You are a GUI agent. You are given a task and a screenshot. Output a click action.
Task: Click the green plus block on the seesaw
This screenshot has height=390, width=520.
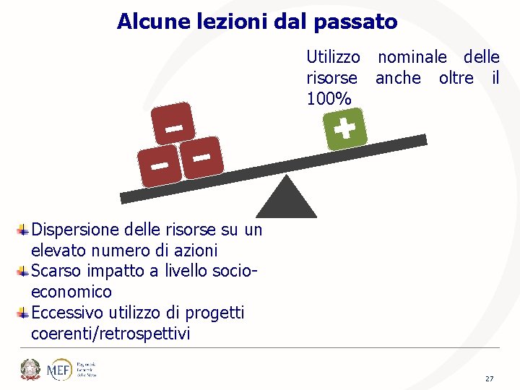[x=345, y=130]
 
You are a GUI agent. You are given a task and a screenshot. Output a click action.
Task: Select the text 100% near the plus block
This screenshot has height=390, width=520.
[x=329, y=98]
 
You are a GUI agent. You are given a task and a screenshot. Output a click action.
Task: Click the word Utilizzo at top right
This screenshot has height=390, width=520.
[x=333, y=57]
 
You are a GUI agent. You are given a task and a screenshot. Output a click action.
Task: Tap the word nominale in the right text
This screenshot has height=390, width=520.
[x=412, y=57]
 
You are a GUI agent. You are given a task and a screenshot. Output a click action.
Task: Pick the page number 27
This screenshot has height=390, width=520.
[x=490, y=378]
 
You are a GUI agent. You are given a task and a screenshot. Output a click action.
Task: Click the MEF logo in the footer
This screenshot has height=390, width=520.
[x=59, y=370]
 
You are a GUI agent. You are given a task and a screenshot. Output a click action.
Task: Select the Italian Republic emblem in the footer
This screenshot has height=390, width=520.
[x=30, y=370]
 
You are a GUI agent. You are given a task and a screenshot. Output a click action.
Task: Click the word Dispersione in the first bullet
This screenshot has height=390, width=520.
[x=71, y=230]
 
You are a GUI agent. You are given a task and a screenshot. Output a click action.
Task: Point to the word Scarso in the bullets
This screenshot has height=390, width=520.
[x=55, y=272]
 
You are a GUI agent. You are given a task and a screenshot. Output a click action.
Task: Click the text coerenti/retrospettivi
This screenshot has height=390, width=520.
[x=110, y=334]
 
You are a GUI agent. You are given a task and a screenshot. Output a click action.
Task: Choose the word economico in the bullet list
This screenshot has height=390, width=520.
[x=71, y=292]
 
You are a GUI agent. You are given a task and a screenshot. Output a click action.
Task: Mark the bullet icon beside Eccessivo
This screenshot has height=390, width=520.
[x=23, y=313]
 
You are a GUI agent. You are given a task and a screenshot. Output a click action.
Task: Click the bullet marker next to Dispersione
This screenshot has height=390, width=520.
[x=23, y=230]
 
